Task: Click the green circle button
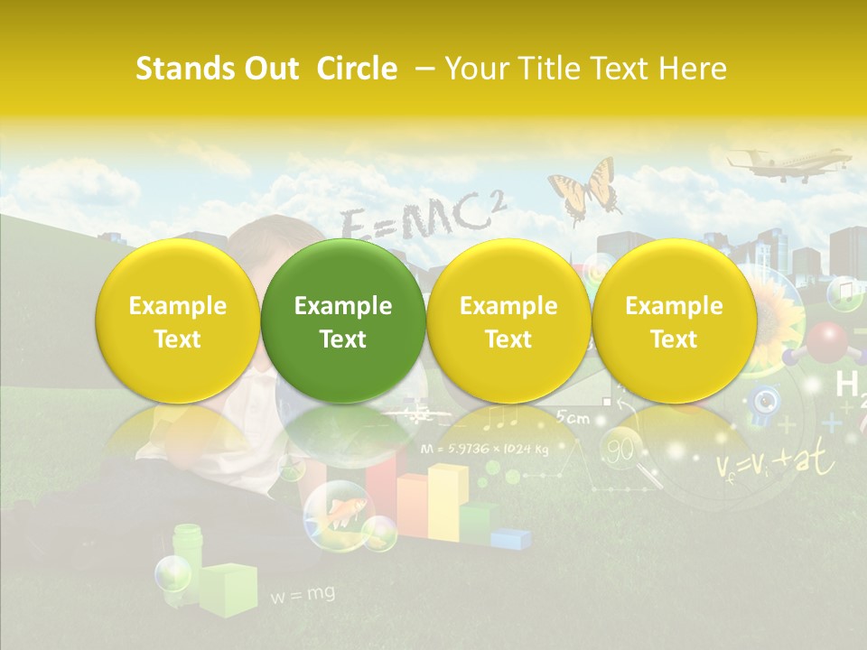coord(343,321)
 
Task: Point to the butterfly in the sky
coord(584,190)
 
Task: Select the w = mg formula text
coord(303,594)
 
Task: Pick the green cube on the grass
coord(228,588)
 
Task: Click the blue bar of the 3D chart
coord(513,538)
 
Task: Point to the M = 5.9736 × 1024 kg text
coord(485,449)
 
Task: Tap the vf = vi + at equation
coord(776,461)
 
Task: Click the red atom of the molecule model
coord(826,341)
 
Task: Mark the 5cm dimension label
coord(573,417)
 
